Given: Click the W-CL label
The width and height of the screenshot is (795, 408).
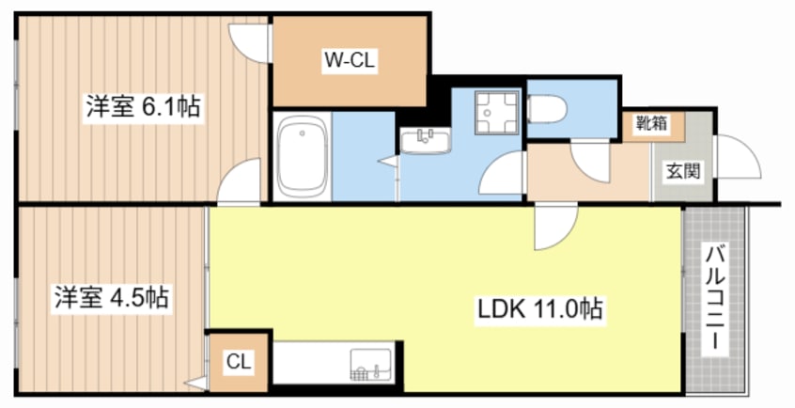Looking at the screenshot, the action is coord(350,61).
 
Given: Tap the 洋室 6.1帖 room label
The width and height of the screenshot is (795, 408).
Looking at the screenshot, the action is coord(143,107).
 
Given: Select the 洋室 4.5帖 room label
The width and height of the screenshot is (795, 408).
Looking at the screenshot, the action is coord(112,298).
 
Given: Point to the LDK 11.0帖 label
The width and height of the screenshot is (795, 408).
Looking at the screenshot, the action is coord(540,309).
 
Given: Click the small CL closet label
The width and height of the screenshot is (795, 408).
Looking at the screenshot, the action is coord(239,362).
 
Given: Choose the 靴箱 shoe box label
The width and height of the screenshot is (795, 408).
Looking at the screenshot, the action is coord(652,123).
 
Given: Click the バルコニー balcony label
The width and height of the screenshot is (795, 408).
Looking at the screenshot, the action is coord(716,297).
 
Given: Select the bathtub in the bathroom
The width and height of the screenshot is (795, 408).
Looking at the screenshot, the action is coord(303,157).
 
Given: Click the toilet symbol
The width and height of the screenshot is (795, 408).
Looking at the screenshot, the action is coord(547,109).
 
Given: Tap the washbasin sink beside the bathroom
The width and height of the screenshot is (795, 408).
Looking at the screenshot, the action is coord(426,141).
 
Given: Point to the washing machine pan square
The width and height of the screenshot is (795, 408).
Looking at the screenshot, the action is coord(497,112).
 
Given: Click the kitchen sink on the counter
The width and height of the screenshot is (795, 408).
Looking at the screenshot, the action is coord(370,365).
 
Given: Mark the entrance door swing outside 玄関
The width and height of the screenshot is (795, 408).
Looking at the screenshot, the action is coord(737,156).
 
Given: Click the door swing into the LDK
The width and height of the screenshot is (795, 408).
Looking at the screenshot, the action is coord(555,227).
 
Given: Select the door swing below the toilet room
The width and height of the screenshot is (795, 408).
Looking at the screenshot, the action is coord(589,161).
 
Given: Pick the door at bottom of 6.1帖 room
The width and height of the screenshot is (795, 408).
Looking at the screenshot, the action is coord(239,181).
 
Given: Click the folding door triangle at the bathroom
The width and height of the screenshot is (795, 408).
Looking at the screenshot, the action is coord(389,161).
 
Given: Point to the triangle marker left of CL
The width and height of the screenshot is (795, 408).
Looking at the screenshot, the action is coord(196,384).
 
